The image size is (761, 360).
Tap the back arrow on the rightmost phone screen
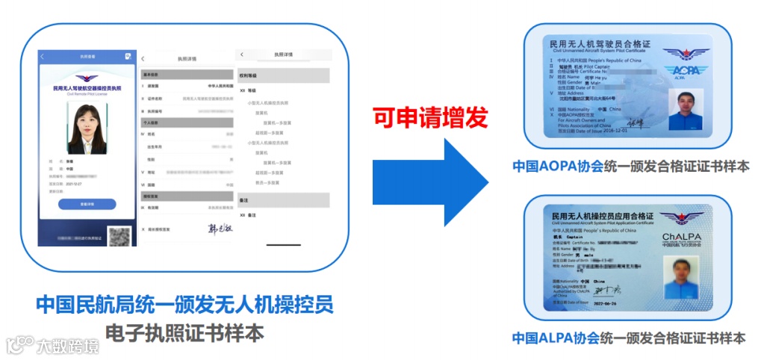click(242, 55)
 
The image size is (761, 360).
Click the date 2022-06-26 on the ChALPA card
click(606, 304)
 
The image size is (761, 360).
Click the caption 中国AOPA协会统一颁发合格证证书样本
click(630, 166)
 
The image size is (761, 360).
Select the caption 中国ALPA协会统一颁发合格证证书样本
click(628, 338)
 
